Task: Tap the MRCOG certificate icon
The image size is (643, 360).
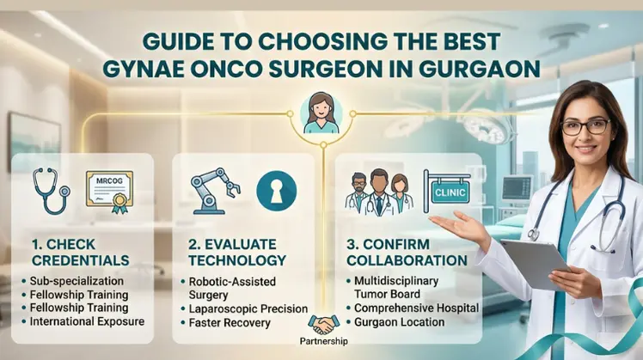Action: click(x=109, y=190)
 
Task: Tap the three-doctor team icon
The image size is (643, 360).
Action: click(x=377, y=193)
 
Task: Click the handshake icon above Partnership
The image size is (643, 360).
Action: click(x=324, y=325)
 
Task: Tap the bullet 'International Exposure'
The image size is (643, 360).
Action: click(x=87, y=322)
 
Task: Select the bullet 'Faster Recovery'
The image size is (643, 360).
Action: click(x=227, y=323)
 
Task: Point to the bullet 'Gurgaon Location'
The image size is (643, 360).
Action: click(x=400, y=321)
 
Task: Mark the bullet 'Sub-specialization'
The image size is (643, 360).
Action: click(x=77, y=280)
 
